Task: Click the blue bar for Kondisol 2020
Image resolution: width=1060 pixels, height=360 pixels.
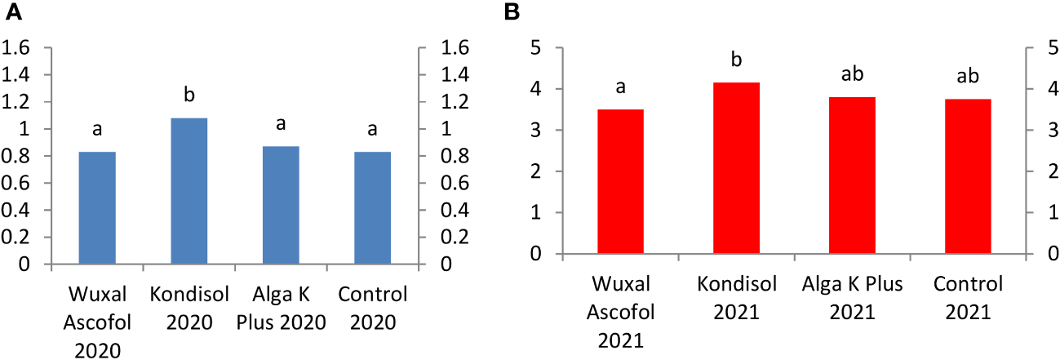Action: tap(189, 192)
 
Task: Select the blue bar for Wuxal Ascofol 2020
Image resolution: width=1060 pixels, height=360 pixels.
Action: tap(97, 208)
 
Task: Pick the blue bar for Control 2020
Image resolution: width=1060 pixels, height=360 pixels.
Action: tap(373, 208)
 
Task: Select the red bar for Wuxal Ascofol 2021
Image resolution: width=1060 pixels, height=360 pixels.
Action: tap(620, 181)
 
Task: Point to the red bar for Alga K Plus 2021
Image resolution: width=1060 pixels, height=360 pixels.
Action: tap(852, 176)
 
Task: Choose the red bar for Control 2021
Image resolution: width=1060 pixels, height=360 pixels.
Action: tap(968, 176)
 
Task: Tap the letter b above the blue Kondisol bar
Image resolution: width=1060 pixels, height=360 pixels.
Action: tap(189, 96)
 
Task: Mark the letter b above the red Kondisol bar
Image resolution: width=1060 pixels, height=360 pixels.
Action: tap(736, 60)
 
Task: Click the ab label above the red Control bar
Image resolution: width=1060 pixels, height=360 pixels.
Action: tap(968, 76)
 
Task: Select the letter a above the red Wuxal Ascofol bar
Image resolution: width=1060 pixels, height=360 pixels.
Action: tap(620, 87)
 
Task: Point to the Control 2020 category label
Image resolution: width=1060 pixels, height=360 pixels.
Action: tap(373, 307)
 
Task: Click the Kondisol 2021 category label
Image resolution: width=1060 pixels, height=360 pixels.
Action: tap(736, 298)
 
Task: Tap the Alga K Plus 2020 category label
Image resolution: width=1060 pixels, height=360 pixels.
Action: tap(281, 307)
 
